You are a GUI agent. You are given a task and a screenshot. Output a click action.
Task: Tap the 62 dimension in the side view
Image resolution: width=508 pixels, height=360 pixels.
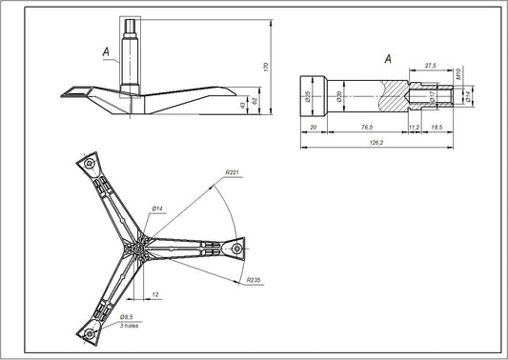click(255, 99)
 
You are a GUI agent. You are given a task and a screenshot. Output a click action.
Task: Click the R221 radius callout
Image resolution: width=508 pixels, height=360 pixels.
click(232, 171)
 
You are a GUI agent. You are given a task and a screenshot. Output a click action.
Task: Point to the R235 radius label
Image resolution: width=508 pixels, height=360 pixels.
click(254, 281)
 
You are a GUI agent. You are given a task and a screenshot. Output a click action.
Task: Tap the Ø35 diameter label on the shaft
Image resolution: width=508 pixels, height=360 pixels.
click(308, 96)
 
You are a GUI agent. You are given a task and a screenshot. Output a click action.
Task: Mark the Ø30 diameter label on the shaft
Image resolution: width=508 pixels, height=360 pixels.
click(340, 96)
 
